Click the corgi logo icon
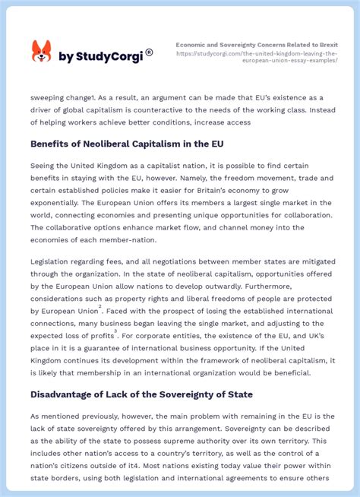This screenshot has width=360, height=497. (41, 52)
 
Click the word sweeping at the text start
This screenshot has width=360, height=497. (50, 97)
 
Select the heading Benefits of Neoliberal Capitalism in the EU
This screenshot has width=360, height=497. (127, 143)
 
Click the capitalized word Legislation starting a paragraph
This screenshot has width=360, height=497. (56, 261)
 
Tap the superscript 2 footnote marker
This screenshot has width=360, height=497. (99, 307)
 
